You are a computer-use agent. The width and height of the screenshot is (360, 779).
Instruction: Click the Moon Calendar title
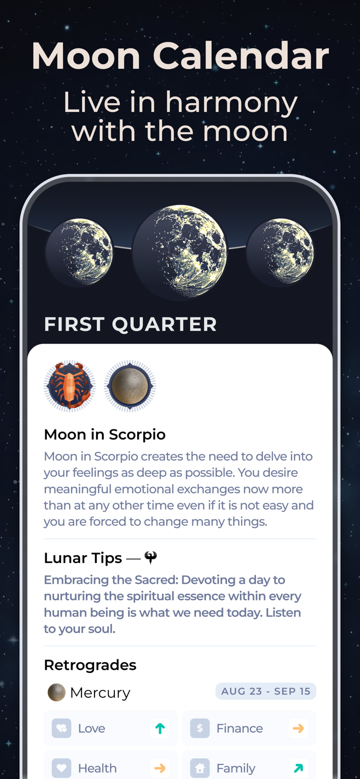click(x=180, y=56)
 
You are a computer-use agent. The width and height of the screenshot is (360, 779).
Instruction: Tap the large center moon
click(x=180, y=251)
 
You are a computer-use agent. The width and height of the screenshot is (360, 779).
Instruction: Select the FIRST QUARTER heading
click(x=130, y=325)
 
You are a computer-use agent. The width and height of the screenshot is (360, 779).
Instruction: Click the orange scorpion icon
click(x=70, y=386)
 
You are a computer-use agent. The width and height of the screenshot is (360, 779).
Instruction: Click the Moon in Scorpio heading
click(x=104, y=434)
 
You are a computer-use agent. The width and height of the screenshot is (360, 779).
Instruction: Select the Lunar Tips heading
click(x=83, y=558)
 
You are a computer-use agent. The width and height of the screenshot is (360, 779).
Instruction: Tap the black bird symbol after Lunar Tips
click(x=151, y=557)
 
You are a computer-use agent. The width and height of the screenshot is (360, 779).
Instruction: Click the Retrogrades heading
click(x=90, y=665)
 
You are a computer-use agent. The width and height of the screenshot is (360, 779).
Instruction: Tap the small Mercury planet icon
click(x=56, y=692)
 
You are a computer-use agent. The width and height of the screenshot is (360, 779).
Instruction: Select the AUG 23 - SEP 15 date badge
click(x=265, y=691)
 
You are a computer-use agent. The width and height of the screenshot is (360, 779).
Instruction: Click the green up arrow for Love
click(x=160, y=729)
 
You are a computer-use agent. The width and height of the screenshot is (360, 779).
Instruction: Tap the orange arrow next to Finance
click(x=298, y=729)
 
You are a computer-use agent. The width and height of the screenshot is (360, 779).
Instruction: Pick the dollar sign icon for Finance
click(x=199, y=729)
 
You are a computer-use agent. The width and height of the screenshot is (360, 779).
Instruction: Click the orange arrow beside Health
click(x=160, y=768)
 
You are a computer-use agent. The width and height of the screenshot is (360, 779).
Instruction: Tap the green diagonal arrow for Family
click(x=298, y=768)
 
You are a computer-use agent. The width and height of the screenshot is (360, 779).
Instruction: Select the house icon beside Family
click(x=199, y=768)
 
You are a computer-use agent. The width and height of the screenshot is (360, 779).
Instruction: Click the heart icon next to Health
click(x=61, y=768)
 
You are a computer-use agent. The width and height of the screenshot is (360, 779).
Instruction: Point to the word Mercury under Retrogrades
click(x=100, y=693)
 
